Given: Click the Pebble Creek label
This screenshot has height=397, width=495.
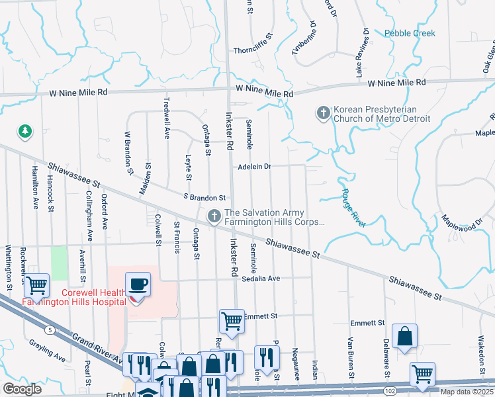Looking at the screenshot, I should (x=410, y=33).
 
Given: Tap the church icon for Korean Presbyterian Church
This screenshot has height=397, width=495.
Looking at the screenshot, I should (x=324, y=113).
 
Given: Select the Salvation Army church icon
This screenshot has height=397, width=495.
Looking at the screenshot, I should (x=214, y=216).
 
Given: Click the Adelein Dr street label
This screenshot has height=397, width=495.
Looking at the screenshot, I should (x=255, y=167).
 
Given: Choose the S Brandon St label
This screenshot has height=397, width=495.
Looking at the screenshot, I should (x=204, y=197).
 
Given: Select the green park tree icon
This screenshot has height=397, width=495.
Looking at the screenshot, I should (x=25, y=132).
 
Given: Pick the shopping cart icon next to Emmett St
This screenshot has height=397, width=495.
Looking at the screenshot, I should (x=232, y=322).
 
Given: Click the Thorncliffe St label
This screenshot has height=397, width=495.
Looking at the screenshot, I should (x=253, y=51).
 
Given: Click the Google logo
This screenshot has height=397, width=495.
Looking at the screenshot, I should (x=22, y=389).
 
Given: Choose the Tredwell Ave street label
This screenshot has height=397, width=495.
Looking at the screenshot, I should (x=166, y=119).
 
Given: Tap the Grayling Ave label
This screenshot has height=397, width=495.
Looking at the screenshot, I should (x=46, y=351).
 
